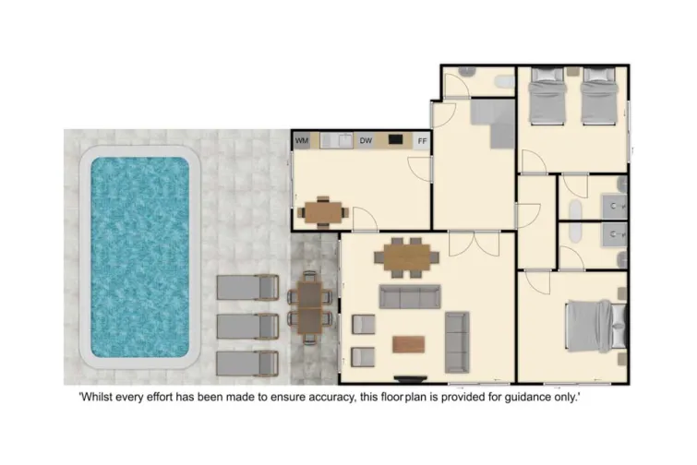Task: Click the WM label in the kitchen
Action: (x=301, y=141)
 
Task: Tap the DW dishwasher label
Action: (x=366, y=141)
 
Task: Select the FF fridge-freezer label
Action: (x=422, y=141)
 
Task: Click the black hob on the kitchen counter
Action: (x=395, y=140)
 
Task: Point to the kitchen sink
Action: (x=339, y=141)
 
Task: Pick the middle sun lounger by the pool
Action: (x=247, y=326)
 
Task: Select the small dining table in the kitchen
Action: (x=322, y=210)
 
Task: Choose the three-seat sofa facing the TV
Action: (x=411, y=296)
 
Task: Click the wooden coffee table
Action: (x=408, y=344)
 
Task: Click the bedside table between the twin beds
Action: (x=572, y=72)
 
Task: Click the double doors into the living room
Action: (x=474, y=244)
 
